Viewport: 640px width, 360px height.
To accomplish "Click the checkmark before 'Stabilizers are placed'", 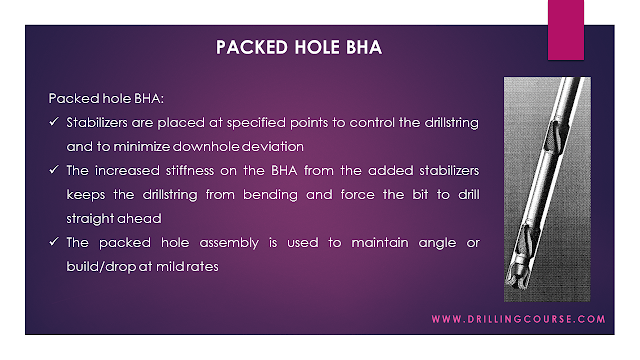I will [x=55, y=122].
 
